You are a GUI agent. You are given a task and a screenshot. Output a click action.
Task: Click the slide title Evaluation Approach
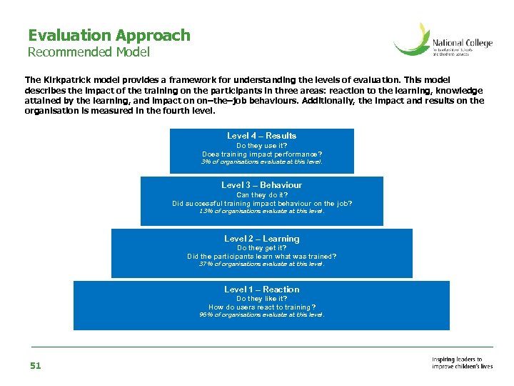109,35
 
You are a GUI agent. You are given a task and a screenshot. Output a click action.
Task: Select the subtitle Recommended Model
89,52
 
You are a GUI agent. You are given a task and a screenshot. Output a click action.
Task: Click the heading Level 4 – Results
261,136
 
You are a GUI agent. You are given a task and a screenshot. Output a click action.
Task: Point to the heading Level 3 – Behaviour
261,185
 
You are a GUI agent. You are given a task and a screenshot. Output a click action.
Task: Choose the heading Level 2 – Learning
261,239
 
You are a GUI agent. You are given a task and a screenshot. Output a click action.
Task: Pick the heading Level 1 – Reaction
261,289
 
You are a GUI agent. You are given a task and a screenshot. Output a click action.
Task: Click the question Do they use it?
261,146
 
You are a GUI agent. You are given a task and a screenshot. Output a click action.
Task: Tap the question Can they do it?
261,195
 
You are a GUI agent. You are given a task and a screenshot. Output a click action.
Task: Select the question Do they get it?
261,248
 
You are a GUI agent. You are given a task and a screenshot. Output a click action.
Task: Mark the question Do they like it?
261,299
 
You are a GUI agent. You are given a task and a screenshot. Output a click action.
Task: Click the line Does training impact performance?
261,154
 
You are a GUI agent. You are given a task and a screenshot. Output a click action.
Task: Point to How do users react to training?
261,307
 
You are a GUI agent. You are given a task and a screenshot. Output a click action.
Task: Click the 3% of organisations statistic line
261,162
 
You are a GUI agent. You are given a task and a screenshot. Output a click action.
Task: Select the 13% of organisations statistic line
261,211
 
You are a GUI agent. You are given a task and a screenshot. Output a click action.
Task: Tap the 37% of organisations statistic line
261,264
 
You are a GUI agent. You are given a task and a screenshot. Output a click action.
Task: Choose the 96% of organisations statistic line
261,315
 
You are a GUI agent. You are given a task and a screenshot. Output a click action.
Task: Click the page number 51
36,366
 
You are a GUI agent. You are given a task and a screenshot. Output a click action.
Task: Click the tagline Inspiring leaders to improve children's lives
462,362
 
